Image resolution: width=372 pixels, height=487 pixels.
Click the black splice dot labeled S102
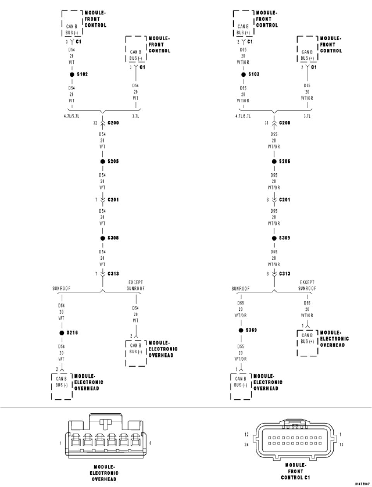point(72,74)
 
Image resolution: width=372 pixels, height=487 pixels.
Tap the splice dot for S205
point(103,161)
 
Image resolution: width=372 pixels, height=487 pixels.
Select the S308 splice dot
point(103,238)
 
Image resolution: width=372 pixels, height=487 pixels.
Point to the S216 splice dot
point(61,332)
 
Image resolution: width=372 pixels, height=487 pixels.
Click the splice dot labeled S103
point(243,74)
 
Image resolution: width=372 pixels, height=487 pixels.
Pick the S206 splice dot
point(274,161)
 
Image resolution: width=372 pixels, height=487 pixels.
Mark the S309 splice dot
point(274,238)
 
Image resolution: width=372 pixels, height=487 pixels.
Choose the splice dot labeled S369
point(241,330)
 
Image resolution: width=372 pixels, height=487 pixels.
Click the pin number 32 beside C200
point(95,123)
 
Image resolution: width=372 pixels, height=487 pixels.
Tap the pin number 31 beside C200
point(267,123)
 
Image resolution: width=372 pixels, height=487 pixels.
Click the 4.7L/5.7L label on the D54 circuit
point(72,115)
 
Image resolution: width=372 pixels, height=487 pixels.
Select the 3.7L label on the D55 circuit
point(307,115)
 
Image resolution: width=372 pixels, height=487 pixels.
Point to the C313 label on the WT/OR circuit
point(285,274)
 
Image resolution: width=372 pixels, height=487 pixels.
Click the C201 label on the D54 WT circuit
point(113,200)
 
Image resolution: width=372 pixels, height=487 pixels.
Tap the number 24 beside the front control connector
point(246,445)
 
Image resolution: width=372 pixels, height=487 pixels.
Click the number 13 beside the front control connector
point(341,445)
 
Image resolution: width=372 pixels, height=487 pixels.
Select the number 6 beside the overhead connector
point(150,442)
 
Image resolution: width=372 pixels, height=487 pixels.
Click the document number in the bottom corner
point(362,484)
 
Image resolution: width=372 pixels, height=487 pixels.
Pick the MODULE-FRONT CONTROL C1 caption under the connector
point(296,471)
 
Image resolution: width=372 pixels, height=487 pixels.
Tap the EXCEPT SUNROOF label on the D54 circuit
point(136,286)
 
